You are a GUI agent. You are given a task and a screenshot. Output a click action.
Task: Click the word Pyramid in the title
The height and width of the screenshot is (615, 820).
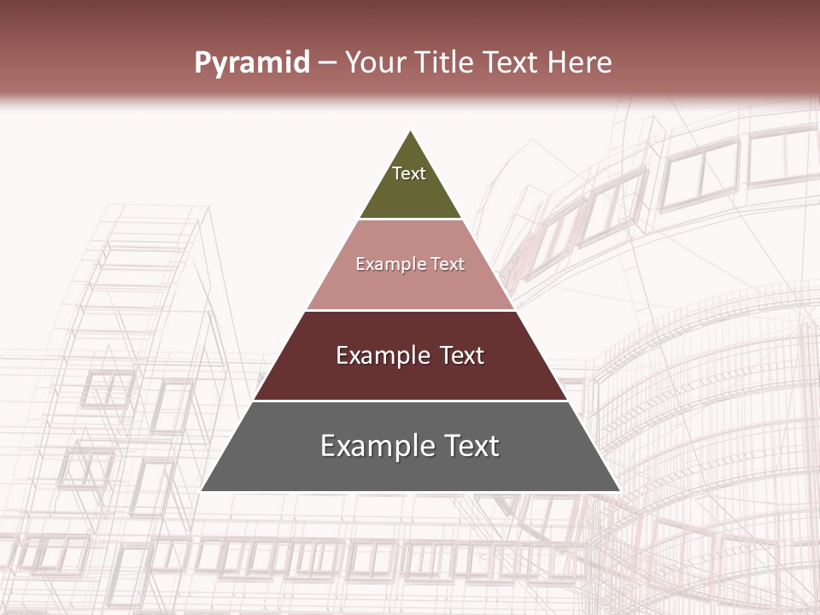[x=252, y=62]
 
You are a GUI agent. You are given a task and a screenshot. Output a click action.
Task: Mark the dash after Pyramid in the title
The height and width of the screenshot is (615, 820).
[x=327, y=63]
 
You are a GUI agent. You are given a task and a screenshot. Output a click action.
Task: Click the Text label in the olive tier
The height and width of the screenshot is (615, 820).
[x=409, y=173]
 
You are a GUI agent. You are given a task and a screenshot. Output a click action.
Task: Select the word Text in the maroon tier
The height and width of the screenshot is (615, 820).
[x=462, y=355]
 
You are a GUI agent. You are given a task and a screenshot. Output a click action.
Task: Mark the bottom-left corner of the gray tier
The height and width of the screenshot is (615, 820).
[x=202, y=491]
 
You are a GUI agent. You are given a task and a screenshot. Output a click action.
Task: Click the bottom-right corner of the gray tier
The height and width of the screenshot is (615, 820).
[x=619, y=491]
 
